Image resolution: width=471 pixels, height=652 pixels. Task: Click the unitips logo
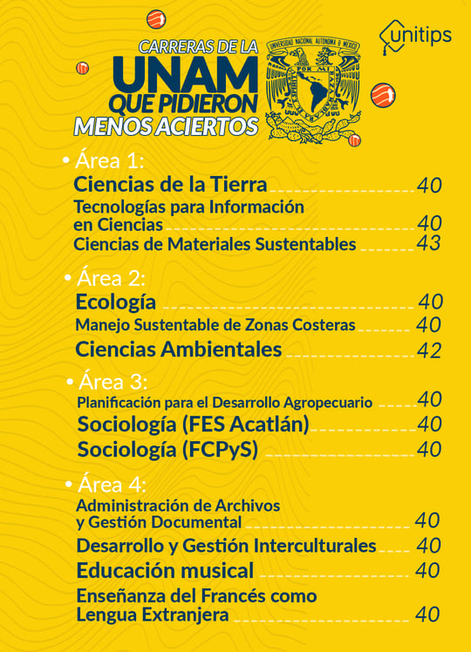[x=415, y=36]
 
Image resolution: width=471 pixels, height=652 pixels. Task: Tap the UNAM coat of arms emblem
[x=313, y=90]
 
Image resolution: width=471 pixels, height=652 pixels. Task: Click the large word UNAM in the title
[x=197, y=76]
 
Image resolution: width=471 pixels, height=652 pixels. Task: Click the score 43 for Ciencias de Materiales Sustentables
[x=428, y=244]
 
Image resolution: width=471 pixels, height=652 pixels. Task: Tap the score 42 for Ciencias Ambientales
[x=429, y=350]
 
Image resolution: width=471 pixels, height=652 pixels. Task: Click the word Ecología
[x=116, y=302]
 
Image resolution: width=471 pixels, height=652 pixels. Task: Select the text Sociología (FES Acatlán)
[x=193, y=424]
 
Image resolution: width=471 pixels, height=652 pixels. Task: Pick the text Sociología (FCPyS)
[x=167, y=450]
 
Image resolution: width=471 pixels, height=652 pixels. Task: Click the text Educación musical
[x=165, y=571]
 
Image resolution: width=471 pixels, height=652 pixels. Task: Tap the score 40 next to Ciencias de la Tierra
[x=429, y=185]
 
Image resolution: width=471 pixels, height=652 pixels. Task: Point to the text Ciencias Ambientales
[x=178, y=350]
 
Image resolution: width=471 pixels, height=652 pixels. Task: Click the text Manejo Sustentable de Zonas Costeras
[x=215, y=325]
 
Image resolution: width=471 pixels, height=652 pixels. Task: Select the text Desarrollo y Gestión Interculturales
[x=226, y=546]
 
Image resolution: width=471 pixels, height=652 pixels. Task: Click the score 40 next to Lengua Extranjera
[x=427, y=615]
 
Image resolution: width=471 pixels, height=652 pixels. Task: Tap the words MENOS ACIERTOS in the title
[x=166, y=126]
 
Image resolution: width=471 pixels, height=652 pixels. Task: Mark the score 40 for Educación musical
[x=427, y=571]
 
